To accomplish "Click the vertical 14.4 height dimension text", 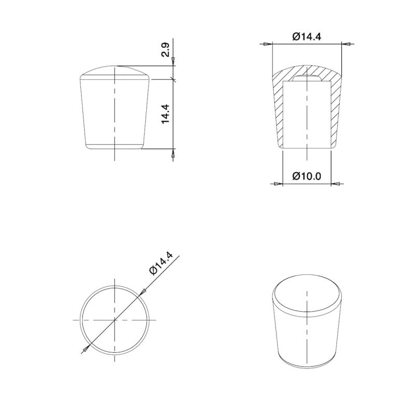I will [x=165, y=114].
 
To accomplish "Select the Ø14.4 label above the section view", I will [x=307, y=36].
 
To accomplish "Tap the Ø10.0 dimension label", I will [x=307, y=176].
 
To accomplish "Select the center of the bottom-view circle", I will [x=114, y=319].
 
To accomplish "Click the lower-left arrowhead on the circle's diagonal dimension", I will [x=85, y=349].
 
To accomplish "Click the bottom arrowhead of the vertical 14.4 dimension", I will [x=173, y=153].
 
